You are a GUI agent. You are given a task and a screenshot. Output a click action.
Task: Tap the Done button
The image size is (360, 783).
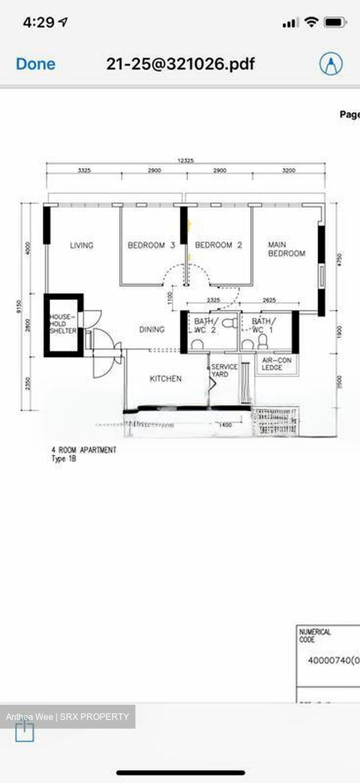pos(35,64)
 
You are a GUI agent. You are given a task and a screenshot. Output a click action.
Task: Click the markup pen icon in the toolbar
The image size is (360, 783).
pos(331,64)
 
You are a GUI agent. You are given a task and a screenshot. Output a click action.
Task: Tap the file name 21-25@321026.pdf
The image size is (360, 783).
pos(180,64)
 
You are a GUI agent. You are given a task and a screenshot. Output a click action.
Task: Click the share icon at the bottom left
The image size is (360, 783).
pos(24,731)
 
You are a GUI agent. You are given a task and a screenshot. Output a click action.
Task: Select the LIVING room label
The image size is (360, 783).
pos(82,245)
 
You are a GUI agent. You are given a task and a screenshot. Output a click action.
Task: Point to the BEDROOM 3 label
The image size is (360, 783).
pos(151,245)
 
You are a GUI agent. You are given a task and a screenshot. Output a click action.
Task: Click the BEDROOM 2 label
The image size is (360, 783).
pos(218,245)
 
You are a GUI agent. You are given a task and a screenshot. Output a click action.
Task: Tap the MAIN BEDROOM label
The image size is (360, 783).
pos(286,249)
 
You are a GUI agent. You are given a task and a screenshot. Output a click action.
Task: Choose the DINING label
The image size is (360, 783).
pos(152,330)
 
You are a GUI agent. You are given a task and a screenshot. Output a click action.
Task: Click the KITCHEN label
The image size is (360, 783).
pos(165,378)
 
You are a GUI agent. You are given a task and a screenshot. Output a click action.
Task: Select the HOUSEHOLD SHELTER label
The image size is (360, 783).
pos(63,324)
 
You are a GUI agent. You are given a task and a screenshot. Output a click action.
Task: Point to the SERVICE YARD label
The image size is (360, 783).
pos(224,370)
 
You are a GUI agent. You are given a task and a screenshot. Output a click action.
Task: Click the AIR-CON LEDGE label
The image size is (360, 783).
pos(276,364)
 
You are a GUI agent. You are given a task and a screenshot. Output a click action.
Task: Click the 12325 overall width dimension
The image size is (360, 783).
pos(185,160)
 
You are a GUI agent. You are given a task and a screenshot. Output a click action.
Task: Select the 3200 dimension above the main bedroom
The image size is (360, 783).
pos(289,170)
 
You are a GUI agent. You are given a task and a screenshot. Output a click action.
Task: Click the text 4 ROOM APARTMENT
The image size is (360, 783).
pos(83,450)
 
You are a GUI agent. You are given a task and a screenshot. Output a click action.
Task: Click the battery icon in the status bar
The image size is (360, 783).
pos(334,22)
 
